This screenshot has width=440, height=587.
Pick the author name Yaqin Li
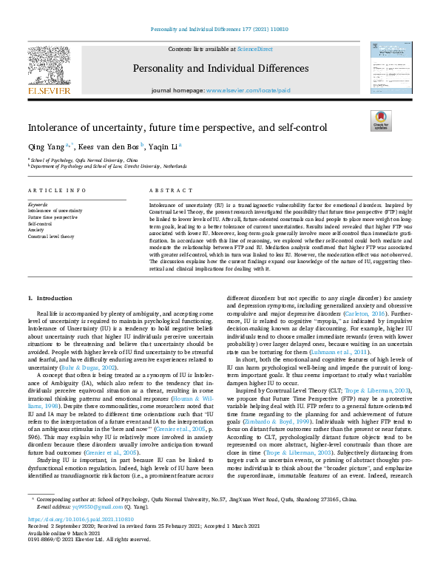pos(165,146)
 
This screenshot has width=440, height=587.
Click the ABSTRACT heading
pos(166,190)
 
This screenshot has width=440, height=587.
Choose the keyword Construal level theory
pos(51,237)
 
